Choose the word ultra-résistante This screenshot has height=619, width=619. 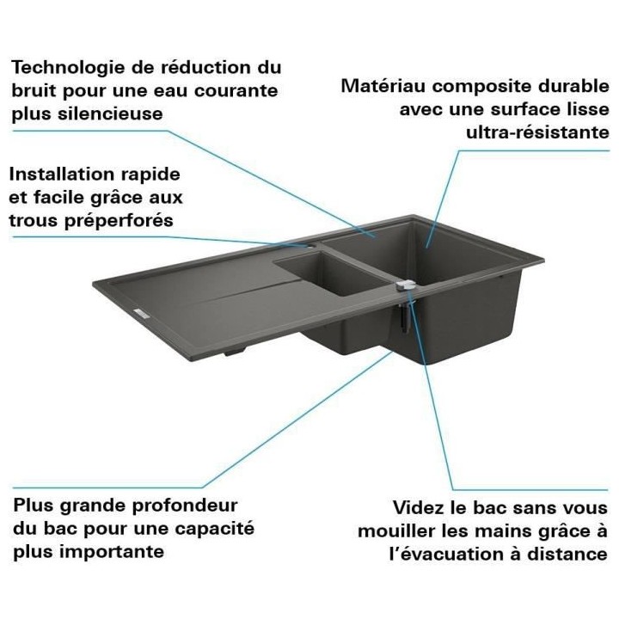click(x=537, y=132)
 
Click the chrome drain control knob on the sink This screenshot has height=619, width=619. click(x=408, y=285)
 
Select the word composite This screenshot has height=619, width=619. click(x=481, y=87)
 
